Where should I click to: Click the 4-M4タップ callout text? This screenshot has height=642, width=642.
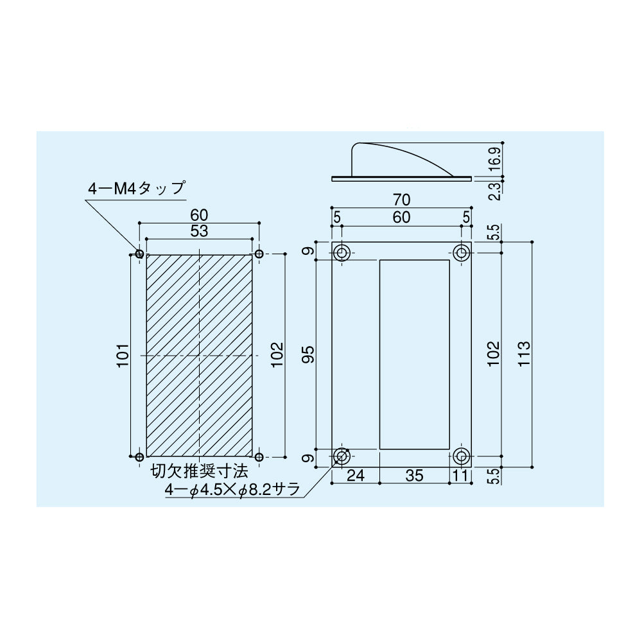coord(137,189)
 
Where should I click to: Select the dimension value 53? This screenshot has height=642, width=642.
coord(199,231)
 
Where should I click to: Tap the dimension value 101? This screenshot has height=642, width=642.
coord(123,356)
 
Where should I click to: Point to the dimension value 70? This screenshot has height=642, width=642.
coord(401,200)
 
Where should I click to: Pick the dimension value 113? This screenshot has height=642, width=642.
coord(524,354)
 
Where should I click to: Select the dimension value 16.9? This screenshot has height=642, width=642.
coord(494,160)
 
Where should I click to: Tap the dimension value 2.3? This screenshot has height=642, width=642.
coord(494,191)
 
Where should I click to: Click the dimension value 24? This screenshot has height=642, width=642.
coord(355,476)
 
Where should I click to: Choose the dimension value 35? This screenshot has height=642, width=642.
coord(414,476)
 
